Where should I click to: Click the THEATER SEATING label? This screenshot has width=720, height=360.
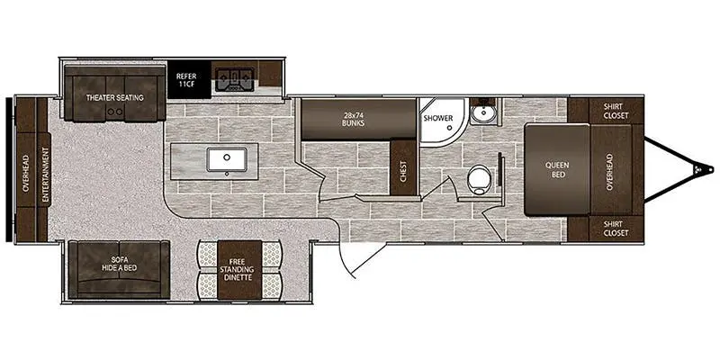(115, 97)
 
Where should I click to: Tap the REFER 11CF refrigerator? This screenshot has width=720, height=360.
(189, 79)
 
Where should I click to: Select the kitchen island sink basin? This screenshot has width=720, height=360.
(227, 159)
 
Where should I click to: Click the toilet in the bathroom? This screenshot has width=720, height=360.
(478, 179)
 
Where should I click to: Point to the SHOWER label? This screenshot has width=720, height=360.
(438, 118)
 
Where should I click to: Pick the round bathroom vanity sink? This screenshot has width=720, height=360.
(481, 114)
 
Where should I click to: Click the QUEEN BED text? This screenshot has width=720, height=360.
(557, 170)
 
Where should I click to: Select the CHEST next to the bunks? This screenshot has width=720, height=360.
(403, 168)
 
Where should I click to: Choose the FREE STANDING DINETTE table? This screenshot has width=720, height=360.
(239, 269)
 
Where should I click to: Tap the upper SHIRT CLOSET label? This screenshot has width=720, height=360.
(616, 111)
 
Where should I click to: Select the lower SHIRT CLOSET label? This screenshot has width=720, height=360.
(616, 229)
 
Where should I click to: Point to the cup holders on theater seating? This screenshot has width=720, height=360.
(115, 111)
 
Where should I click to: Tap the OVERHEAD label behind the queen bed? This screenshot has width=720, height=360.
(610, 172)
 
